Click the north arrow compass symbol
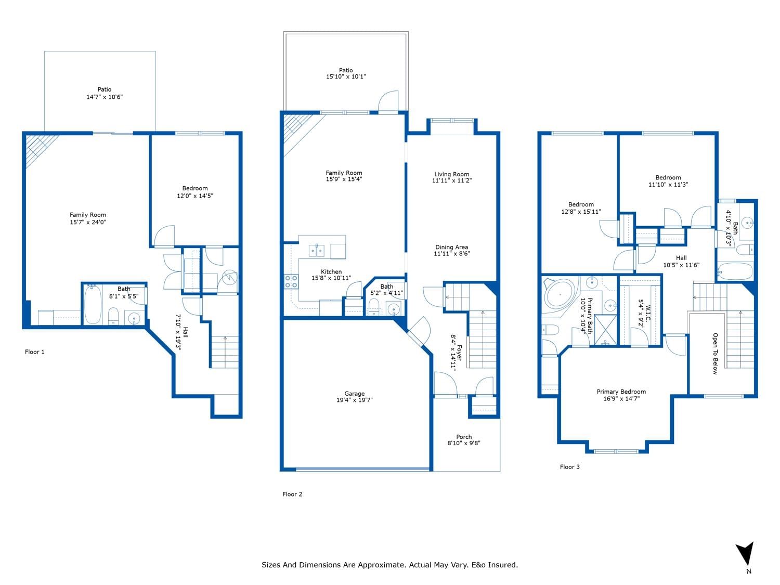[746, 554]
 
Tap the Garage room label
[354, 393]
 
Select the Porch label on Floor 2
[464, 436]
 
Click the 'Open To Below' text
[715, 354]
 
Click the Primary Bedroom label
[621, 392]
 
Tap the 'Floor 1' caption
[34, 352]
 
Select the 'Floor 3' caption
[569, 467]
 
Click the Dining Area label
[452, 247]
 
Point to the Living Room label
[452, 174]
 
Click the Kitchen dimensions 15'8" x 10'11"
[331, 278]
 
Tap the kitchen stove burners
[291, 281]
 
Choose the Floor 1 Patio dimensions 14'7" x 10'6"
[105, 97]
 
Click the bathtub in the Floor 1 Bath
[93, 304]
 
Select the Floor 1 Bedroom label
[194, 188]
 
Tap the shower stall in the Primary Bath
[605, 330]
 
